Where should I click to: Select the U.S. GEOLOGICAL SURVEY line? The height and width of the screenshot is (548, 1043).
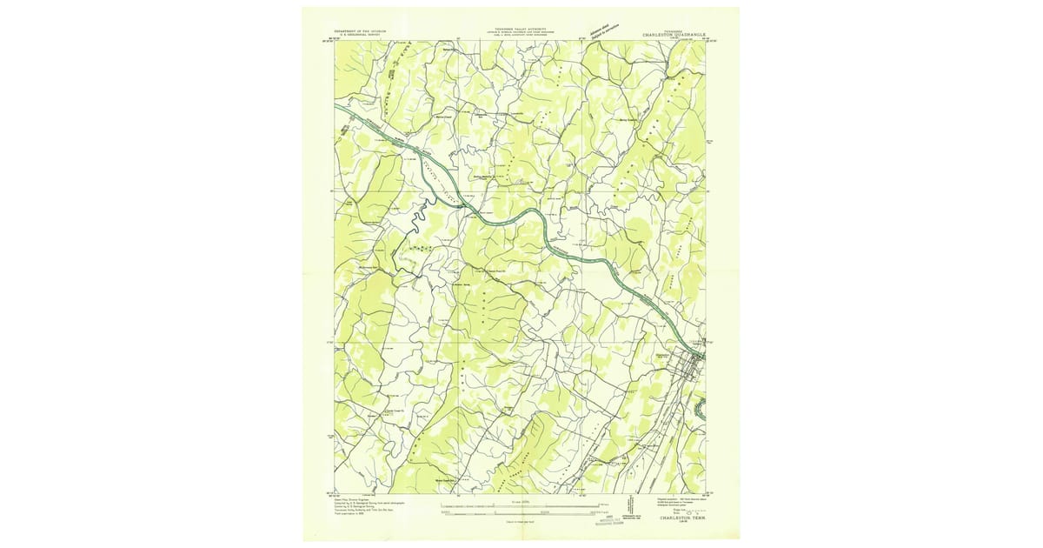(x=366, y=34)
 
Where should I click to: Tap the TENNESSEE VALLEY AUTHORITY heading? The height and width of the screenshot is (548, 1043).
(x=521, y=29)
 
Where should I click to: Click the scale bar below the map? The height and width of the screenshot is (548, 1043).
(x=520, y=507)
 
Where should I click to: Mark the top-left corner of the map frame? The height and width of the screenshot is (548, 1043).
(x=335, y=41)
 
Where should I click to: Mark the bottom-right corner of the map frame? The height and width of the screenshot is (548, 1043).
(x=706, y=494)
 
